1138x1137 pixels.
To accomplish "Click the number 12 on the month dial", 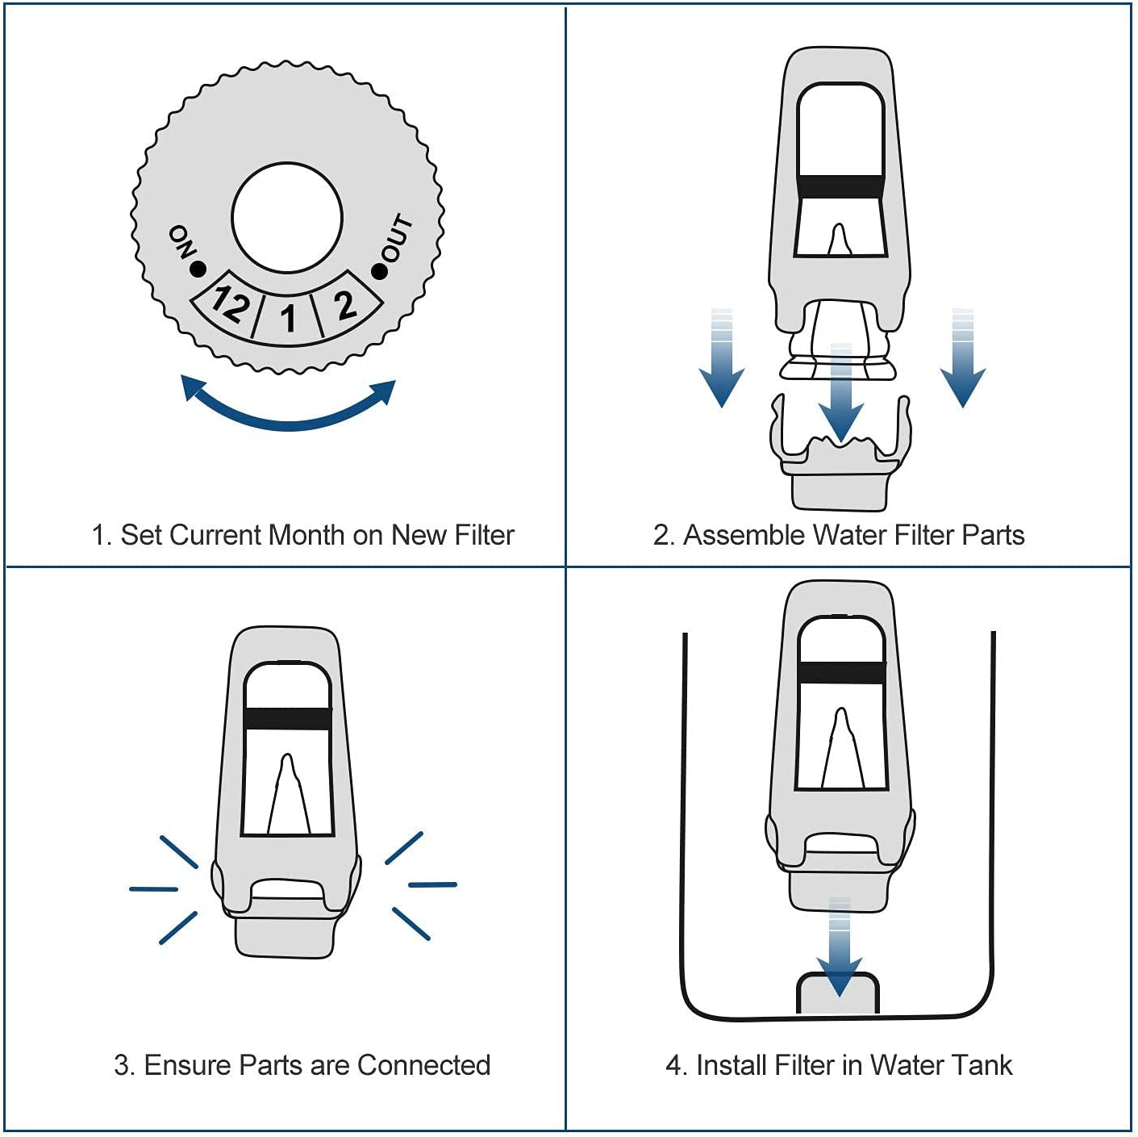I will pyautogui.click(x=230, y=304).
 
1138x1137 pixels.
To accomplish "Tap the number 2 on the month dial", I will pyautogui.click(x=345, y=305).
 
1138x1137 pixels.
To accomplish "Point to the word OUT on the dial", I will pyautogui.click(x=397, y=239).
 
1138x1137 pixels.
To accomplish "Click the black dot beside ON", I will pyautogui.click(x=198, y=269).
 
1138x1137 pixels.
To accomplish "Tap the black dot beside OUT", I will pyautogui.click(x=379, y=271).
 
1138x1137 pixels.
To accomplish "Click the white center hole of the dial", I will pyautogui.click(x=287, y=218).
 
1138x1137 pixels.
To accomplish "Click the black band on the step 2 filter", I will pyautogui.click(x=840, y=186).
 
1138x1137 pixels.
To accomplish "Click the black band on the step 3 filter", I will pyautogui.click(x=287, y=718).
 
